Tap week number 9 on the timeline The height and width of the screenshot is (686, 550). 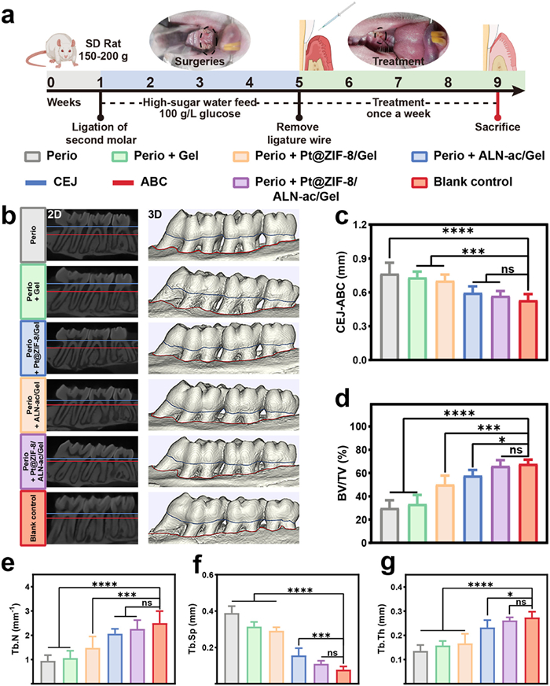point(497,81)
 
